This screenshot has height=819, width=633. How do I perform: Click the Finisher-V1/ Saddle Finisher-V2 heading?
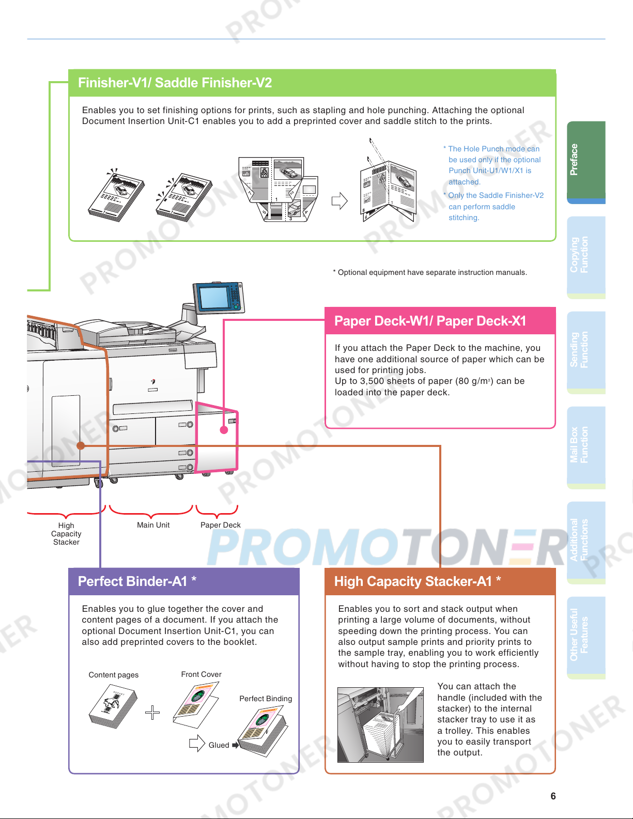pyautogui.click(x=175, y=83)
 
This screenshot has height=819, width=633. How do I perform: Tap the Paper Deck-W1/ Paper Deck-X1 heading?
pyautogui.click(x=430, y=321)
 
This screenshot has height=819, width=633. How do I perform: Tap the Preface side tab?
pyautogui.click(x=586, y=160)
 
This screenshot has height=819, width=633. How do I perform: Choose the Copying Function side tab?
pyautogui.click(x=586, y=255)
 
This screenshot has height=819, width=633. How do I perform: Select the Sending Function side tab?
pyautogui.click(x=586, y=350)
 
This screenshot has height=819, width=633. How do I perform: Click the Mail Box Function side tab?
pyautogui.click(x=586, y=445)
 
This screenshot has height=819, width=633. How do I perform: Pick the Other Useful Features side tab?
pyautogui.click(x=586, y=635)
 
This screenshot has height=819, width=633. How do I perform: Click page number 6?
pyautogui.click(x=553, y=796)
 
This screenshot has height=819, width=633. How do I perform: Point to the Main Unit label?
pyautogui.click(x=153, y=525)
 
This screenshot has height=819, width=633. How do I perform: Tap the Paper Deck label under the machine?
pyautogui.click(x=221, y=525)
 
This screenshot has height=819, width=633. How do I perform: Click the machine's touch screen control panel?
pyautogui.click(x=218, y=298)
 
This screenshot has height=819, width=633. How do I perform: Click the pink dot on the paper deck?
pyautogui.click(x=224, y=429)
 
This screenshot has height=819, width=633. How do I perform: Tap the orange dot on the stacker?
pyautogui.click(x=81, y=445)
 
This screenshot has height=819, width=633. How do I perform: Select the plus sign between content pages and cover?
pyautogui.click(x=152, y=713)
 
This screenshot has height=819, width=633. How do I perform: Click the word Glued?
pyautogui.click(x=219, y=745)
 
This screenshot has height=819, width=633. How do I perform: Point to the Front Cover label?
pyautogui.click(x=201, y=674)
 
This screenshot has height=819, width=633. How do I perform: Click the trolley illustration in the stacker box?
pyautogui.click(x=380, y=724)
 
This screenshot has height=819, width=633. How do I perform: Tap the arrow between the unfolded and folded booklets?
pyautogui.click(x=339, y=200)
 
